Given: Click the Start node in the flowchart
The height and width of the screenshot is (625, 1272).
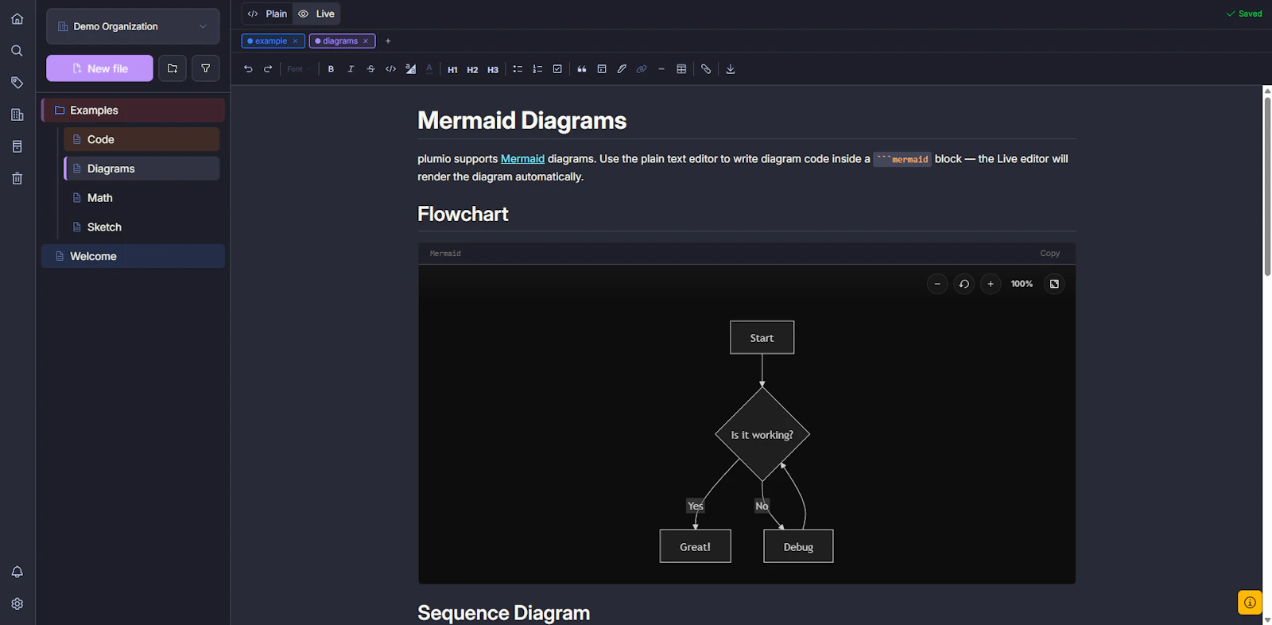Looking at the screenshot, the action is point(762,337).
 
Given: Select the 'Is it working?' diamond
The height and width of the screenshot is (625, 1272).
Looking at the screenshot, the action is point(762,435).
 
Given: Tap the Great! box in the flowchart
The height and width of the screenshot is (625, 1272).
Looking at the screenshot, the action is point(695,546).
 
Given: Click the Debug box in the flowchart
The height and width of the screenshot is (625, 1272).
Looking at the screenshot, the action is point(798,546).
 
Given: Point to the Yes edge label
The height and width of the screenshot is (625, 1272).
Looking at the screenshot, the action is point(695,506).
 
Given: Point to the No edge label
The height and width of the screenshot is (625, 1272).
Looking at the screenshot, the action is point(762,506).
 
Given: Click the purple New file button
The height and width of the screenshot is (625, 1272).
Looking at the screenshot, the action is point(99,68).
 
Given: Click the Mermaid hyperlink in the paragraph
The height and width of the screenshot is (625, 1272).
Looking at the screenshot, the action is point(522,159).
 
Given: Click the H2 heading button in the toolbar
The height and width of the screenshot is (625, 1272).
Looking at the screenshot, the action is point(472,69).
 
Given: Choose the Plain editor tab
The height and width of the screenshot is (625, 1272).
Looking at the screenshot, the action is point(267,14).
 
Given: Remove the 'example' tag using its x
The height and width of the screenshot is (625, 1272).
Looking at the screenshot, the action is point(295,41).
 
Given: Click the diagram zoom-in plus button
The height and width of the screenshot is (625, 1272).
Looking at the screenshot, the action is point(991,284).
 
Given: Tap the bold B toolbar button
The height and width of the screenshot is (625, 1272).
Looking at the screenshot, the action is point(331,68).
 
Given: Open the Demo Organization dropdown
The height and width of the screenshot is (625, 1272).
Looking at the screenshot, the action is point(133,26).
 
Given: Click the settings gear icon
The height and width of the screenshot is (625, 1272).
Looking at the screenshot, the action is point(17,604).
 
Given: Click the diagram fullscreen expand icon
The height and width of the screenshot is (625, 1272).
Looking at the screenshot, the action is point(1054,284).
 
